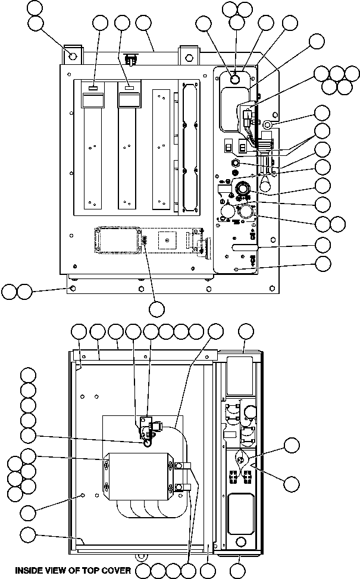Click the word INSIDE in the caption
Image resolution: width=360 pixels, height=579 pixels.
[x=31, y=570]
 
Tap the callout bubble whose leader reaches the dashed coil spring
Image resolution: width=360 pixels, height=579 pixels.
[x=156, y=309]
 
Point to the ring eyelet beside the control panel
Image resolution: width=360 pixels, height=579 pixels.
[x=268, y=125]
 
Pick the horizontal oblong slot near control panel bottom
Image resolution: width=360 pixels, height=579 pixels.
[x=244, y=245]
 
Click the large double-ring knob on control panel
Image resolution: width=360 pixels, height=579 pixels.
[x=243, y=189]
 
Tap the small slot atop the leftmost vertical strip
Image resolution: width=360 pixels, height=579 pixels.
[x=93, y=88]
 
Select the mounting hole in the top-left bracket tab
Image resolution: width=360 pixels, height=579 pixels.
[x=73, y=57]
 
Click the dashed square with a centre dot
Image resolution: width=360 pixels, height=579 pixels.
[x=168, y=239]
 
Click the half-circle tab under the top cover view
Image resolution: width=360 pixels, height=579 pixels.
[x=141, y=556]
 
